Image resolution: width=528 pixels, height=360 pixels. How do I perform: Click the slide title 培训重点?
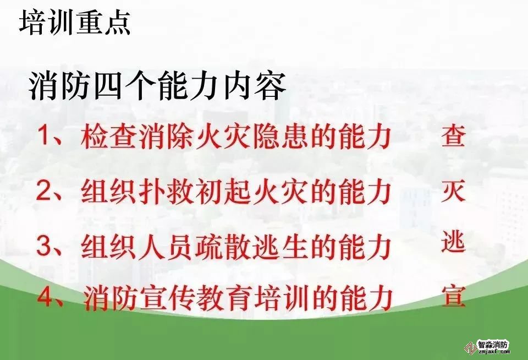[75, 22]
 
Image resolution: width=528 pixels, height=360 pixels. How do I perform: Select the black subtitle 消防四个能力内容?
[158, 86]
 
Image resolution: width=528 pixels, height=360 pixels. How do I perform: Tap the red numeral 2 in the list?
[44, 190]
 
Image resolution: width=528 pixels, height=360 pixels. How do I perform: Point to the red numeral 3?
[44, 246]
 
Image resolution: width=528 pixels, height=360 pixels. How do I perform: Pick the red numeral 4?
[45, 297]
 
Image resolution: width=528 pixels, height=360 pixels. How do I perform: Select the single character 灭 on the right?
[454, 191]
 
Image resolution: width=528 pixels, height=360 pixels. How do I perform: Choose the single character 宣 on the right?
[454, 297]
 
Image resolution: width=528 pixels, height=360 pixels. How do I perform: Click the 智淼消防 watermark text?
[493, 345]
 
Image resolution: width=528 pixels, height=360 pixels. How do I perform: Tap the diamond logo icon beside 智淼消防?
[469, 347]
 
